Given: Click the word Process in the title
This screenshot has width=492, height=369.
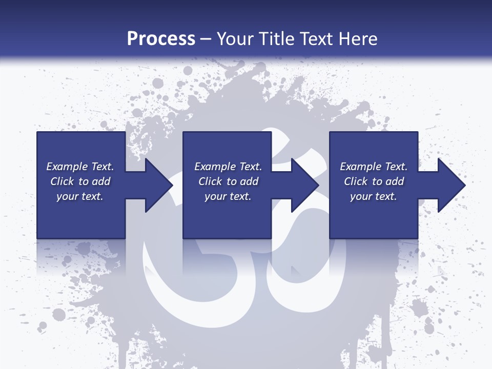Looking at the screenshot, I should click(x=161, y=38).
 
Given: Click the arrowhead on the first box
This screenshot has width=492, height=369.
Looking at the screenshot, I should click(x=156, y=185).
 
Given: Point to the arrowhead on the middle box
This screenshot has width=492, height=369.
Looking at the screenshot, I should click(x=303, y=185).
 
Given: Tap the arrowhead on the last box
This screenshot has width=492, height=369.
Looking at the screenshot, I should click(x=449, y=185).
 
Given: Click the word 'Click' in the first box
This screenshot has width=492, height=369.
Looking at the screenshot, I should click(x=62, y=181).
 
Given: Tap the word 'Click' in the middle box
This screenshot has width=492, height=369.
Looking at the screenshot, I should click(x=210, y=181).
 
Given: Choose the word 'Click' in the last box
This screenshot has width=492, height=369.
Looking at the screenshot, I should click(x=356, y=181).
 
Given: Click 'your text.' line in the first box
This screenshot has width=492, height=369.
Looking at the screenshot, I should click(x=80, y=196).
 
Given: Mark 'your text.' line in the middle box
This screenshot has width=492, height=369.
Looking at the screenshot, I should click(x=228, y=196).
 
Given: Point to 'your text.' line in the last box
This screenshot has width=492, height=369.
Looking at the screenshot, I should click(x=374, y=196).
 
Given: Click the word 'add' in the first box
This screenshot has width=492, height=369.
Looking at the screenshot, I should click(x=101, y=181).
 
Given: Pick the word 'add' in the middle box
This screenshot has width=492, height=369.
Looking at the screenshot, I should click(x=250, y=181).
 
